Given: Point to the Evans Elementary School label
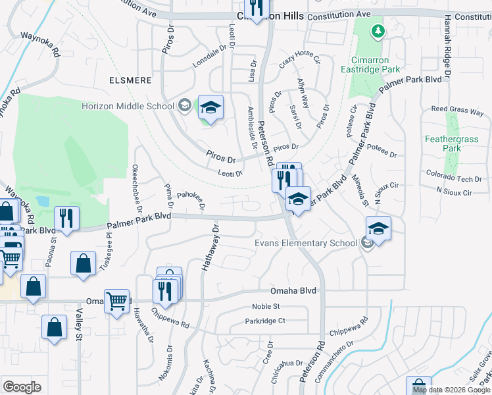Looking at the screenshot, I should tap(306, 243).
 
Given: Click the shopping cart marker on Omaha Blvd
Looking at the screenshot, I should tap(116, 302).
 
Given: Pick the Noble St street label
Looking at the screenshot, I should tap(266, 306).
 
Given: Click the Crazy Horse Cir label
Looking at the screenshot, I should tap(299, 60).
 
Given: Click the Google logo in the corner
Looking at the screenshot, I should tap(22, 387).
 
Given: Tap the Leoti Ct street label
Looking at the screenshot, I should tap(230, 174).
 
